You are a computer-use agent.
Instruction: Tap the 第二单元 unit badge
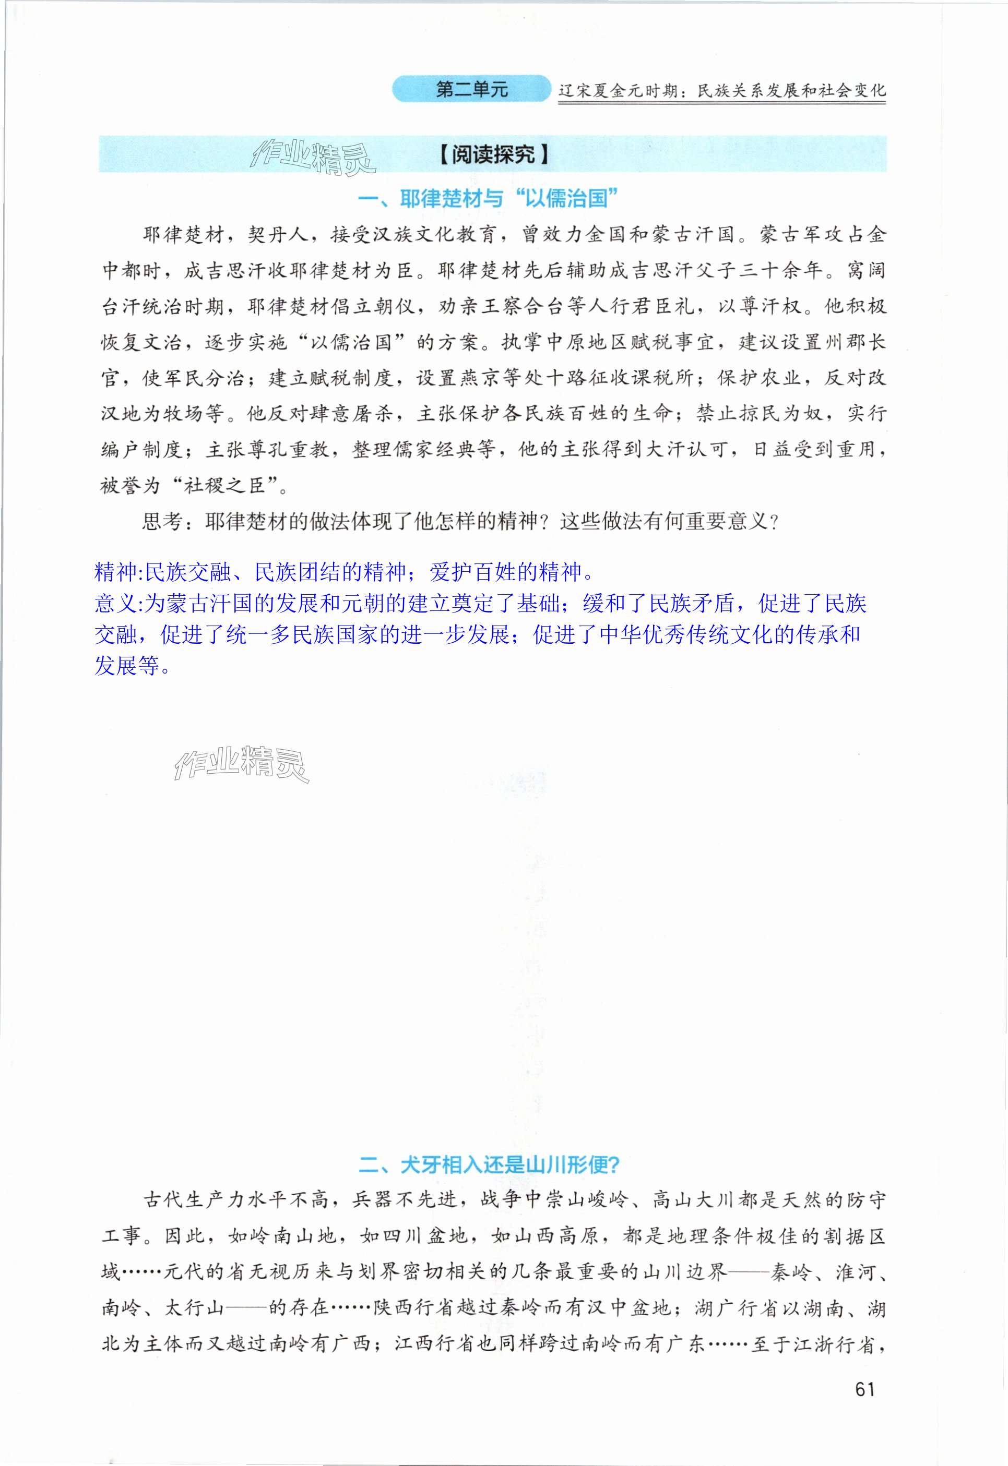(472, 90)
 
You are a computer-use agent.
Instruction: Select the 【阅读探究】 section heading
(493, 154)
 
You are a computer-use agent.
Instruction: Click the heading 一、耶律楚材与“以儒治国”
(487, 199)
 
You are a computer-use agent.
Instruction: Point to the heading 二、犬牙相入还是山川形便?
(490, 1164)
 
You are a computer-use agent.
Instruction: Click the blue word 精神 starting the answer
(115, 572)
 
